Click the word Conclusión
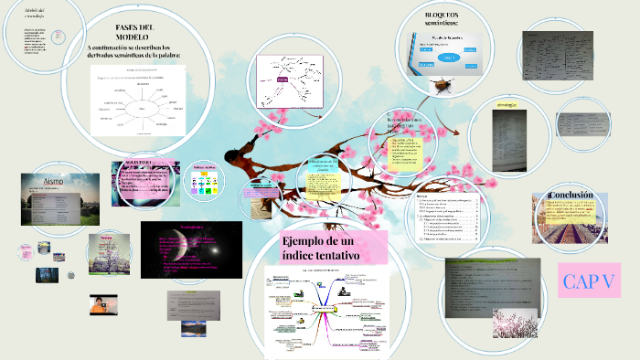click(x=571, y=196)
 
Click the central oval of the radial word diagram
click(x=140, y=108)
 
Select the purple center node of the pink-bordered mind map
click(x=283, y=80)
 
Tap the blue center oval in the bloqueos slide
click(x=448, y=57)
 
